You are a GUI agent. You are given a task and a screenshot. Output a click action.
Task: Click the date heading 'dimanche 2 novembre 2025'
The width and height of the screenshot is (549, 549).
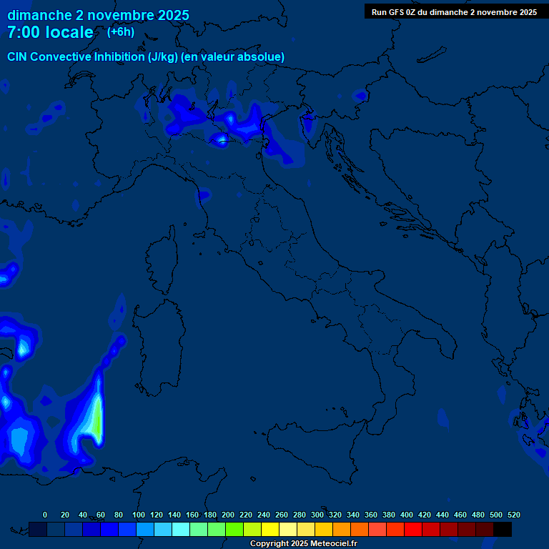pos(98,15)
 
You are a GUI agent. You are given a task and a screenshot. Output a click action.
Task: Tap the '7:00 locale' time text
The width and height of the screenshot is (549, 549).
pos(50,32)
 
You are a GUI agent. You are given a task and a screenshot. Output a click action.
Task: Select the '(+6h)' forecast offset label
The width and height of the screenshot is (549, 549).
pos(120,31)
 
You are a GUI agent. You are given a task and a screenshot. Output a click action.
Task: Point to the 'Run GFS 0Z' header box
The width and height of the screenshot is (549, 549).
pos(454,12)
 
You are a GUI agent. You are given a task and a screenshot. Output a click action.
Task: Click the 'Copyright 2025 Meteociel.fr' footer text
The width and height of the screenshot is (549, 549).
pos(303,543)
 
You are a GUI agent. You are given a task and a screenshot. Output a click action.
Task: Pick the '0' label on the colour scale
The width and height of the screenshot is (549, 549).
pos(45,515)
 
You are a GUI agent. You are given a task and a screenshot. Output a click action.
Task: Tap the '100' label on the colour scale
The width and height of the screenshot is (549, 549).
pos(138,515)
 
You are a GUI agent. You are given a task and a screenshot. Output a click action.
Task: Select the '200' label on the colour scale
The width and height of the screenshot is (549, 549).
pos(228,515)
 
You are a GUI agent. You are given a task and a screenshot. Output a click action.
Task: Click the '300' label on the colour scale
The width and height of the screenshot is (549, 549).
pos(317,515)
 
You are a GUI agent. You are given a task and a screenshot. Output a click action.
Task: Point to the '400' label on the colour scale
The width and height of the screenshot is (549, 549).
pos(407,515)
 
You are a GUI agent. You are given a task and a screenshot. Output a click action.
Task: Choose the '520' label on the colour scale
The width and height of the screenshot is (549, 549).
pos(513,515)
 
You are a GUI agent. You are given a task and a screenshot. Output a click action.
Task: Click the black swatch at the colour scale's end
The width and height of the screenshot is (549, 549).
pos(503,529)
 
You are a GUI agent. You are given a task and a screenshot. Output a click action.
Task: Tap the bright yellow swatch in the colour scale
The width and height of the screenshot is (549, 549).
pos(270,529)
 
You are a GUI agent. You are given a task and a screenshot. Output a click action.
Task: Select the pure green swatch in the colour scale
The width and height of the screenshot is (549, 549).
pos(234,529)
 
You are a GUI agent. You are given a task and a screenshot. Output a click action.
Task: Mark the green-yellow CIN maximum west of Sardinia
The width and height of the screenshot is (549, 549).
pos(94,422)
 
